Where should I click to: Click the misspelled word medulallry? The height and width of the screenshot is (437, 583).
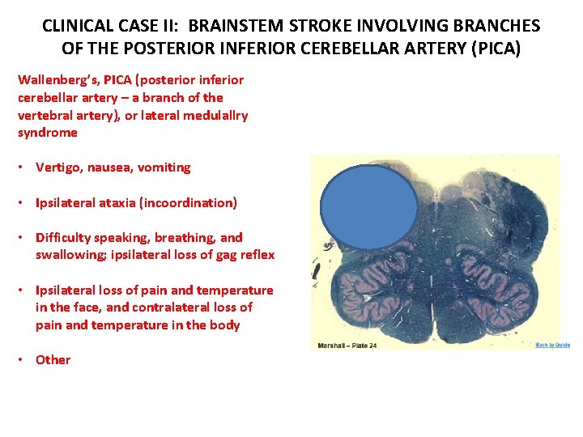(x=211, y=115)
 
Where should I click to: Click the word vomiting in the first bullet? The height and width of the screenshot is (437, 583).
(x=164, y=168)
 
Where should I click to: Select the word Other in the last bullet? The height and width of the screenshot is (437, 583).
(x=53, y=360)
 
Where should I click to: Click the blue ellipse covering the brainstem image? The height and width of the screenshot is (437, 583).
(x=369, y=209)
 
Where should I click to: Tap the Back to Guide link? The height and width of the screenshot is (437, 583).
(x=552, y=345)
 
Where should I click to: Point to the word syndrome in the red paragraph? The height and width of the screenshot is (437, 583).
(x=48, y=133)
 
